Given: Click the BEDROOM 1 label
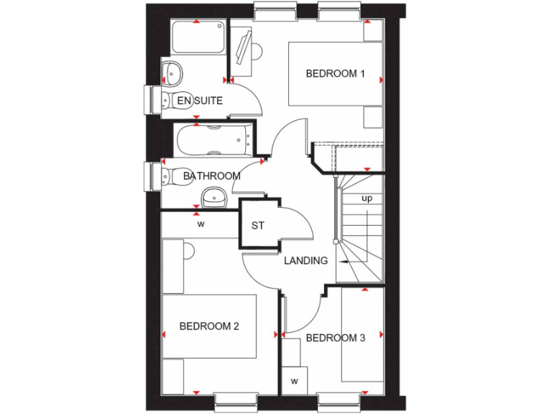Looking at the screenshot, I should click(336, 73).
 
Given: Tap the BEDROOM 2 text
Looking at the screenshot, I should click(209, 326).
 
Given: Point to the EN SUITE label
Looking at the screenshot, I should click(200, 101).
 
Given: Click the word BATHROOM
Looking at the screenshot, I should click(211, 176).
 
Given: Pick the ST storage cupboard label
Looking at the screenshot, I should click(258, 226).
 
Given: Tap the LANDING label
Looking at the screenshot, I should click(305, 261).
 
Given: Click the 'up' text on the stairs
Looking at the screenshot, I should click(367, 198).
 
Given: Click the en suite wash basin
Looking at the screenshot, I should click(172, 72).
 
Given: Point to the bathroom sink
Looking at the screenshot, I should click(213, 195).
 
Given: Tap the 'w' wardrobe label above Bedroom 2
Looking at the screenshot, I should click(201, 224).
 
